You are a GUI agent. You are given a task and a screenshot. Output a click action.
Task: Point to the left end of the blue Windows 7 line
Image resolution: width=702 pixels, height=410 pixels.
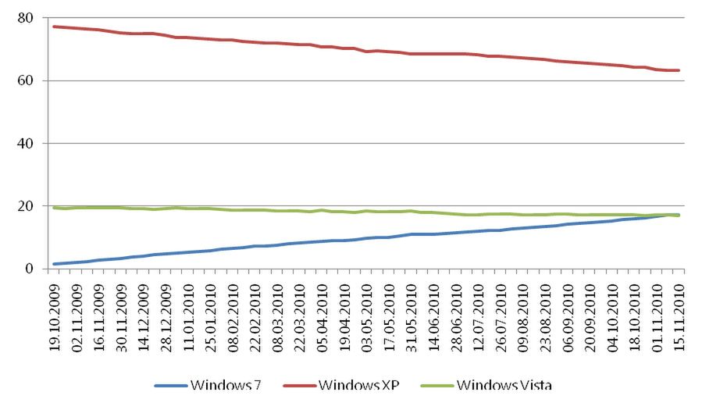pos(55,264)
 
